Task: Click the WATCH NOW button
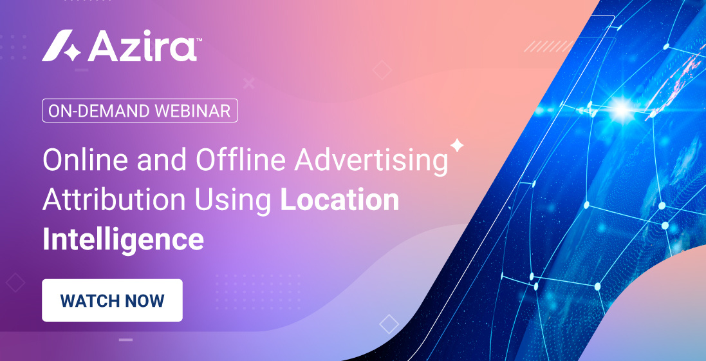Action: (112, 300)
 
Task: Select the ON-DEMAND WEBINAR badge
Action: (140, 111)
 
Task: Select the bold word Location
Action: (340, 200)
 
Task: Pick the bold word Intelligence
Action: (123, 239)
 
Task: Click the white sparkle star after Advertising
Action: (457, 146)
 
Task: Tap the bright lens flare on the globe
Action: (621, 108)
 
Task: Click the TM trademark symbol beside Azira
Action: (200, 40)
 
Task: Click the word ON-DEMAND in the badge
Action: (99, 111)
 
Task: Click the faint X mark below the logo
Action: (249, 83)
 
